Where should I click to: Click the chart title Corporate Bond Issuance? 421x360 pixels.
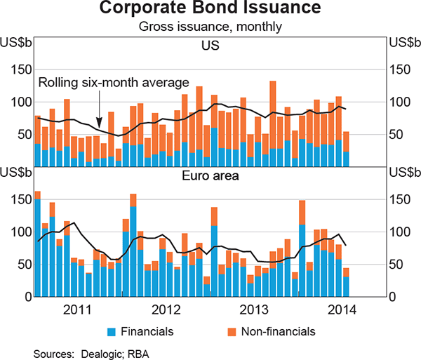[x=210, y=10]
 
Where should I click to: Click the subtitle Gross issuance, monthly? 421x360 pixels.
[x=210, y=27]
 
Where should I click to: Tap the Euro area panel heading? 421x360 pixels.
[x=210, y=175]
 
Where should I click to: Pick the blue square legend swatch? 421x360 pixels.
[x=110, y=331]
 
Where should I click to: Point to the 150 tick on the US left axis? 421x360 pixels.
[x=20, y=69]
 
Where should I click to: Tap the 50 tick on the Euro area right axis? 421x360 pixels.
[x=400, y=264]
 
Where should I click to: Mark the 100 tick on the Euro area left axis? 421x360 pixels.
[x=20, y=232]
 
